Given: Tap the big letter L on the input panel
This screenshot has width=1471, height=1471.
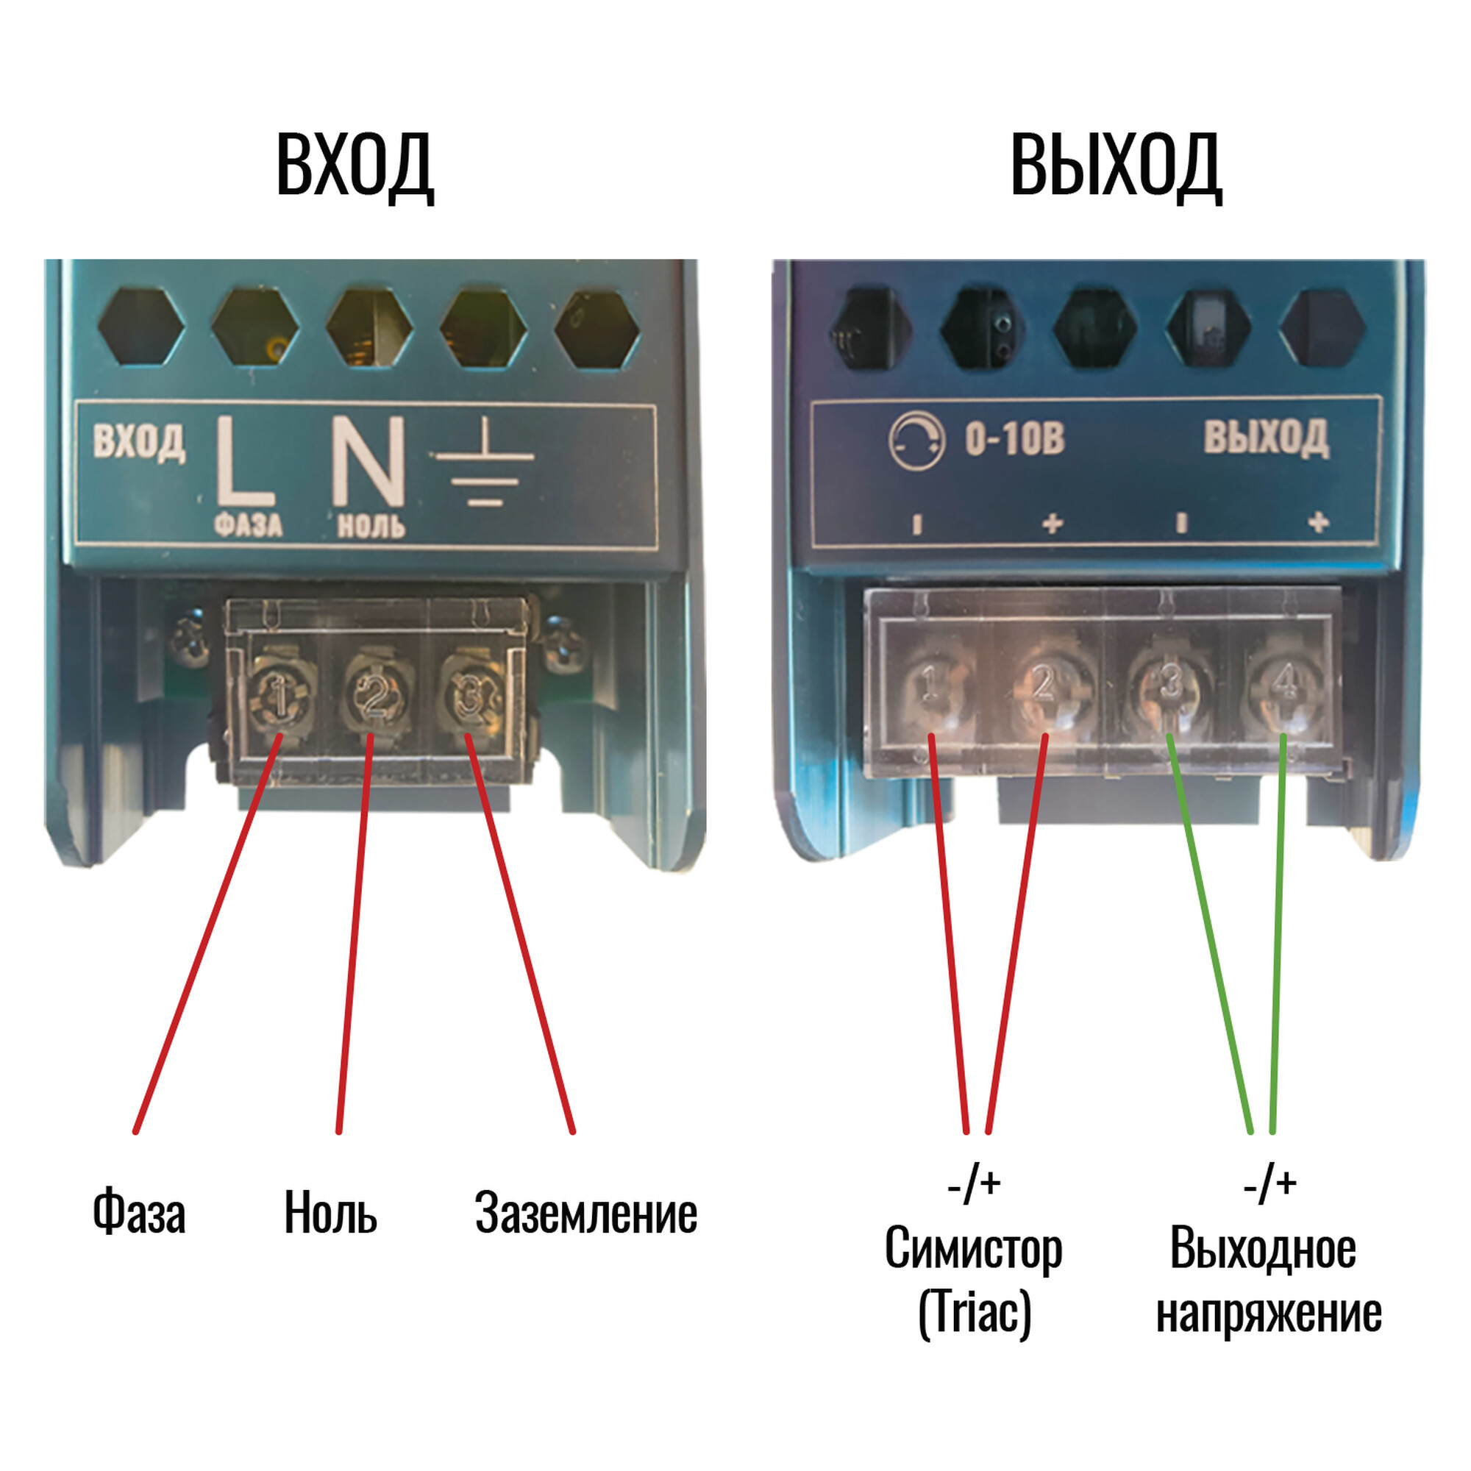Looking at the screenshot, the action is pyautogui.click(x=244, y=460).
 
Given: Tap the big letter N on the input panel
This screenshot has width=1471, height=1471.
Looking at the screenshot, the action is pyautogui.click(x=368, y=460).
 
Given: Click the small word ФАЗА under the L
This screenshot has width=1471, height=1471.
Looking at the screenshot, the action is pyautogui.click(x=248, y=524).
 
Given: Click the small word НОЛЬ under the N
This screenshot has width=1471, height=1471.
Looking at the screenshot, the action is pyautogui.click(x=371, y=525).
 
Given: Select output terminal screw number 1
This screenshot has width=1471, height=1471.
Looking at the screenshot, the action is pyautogui.click(x=930, y=685).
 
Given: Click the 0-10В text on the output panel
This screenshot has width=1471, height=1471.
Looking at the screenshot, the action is pyautogui.click(x=1014, y=439).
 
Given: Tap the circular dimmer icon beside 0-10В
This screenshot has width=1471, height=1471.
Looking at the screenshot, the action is pyautogui.click(x=916, y=441).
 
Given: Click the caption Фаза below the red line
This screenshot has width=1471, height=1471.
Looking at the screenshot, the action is pyautogui.click(x=139, y=1211).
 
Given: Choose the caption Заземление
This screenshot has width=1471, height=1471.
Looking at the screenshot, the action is pyautogui.click(x=585, y=1212).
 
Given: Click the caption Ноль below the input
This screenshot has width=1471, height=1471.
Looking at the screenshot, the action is pyautogui.click(x=330, y=1212).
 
